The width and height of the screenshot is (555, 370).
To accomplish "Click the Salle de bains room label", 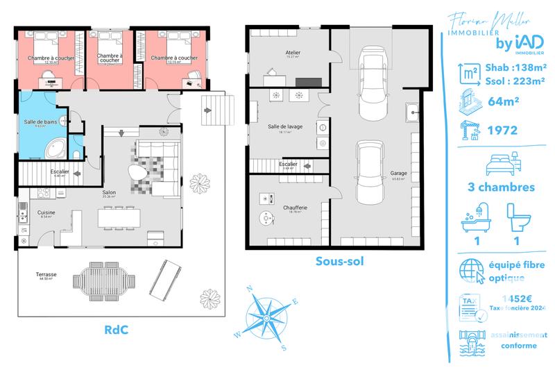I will [40, 122].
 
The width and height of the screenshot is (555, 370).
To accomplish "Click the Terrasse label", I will [46, 275].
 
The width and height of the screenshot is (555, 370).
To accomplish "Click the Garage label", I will [398, 174].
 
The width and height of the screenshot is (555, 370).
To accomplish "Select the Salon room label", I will [109, 192].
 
